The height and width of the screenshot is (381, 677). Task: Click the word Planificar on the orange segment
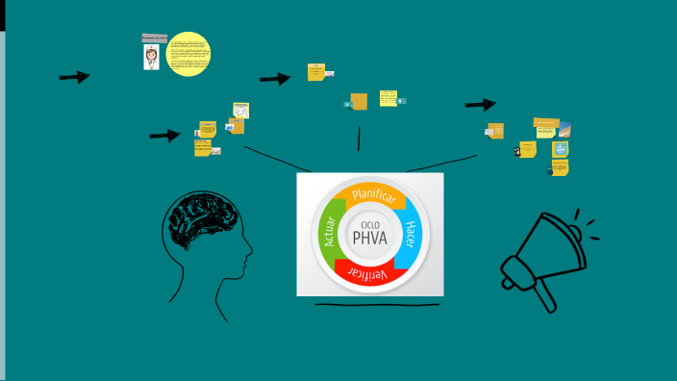(373, 198)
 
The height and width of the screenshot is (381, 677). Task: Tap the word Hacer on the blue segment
(410, 238)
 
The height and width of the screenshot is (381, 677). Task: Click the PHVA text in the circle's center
(369, 238)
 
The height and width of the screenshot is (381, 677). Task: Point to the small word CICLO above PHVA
(370, 223)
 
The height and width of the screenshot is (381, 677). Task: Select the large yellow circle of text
(188, 53)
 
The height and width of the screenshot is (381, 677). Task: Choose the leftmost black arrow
(74, 77)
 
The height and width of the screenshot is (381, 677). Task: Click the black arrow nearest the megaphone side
(480, 105)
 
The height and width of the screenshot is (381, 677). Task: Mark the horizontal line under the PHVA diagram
(376, 305)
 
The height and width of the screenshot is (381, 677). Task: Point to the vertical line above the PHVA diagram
(359, 139)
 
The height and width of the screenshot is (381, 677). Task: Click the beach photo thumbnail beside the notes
(565, 130)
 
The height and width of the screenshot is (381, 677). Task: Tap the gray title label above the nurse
(154, 36)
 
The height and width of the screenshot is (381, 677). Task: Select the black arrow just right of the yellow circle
(275, 79)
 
